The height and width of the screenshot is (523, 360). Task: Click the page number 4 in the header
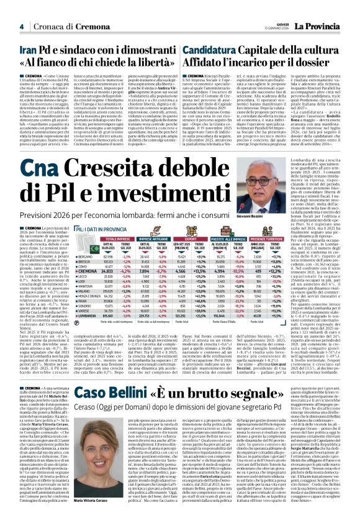pos(21,26)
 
